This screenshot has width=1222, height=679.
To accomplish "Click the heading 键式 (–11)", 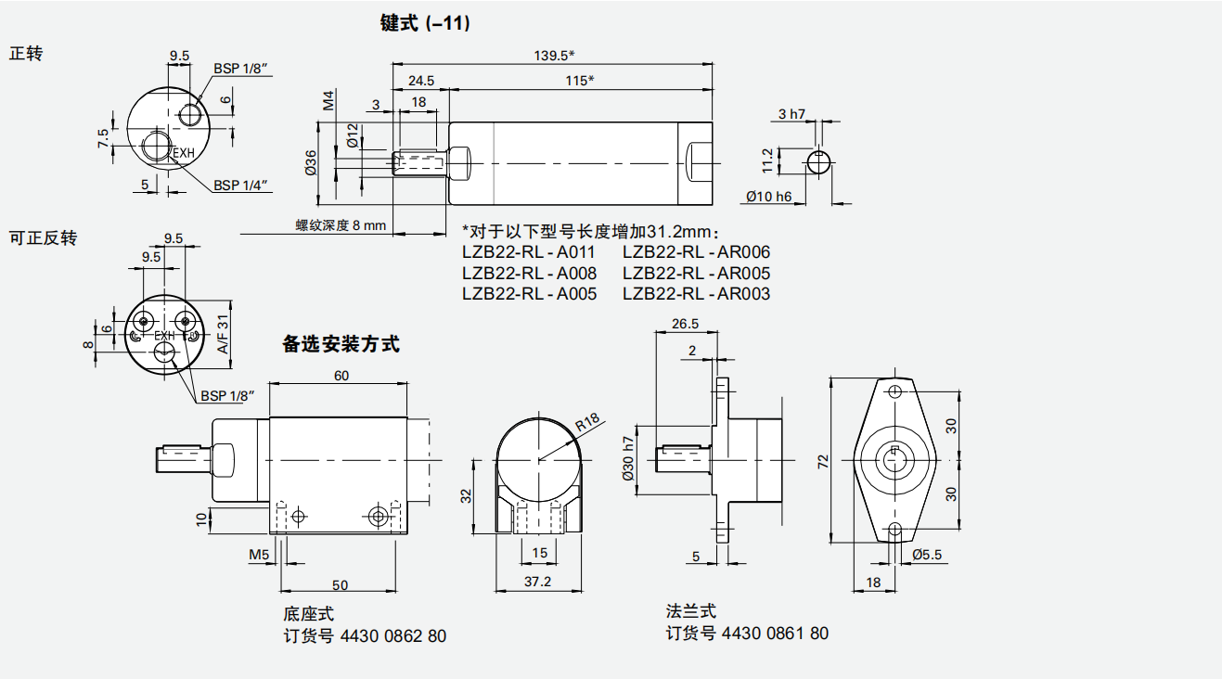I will pos(425,24).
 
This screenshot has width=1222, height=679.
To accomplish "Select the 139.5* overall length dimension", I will pos(555,56).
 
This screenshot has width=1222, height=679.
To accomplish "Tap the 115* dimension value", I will pos(579,81).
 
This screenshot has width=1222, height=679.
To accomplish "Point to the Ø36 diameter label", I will pos(311,162).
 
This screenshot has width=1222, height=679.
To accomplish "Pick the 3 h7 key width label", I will pos(791,114).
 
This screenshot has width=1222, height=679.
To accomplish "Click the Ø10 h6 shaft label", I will pos(769,197).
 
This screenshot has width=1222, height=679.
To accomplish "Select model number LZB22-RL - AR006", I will pos(696,252).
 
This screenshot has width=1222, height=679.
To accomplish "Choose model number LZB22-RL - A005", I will pos(529,294).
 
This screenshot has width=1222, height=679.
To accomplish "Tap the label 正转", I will pos(26,53).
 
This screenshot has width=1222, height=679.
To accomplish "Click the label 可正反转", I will pos(43,238).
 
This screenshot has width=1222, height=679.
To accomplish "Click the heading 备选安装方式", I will pos(341,344).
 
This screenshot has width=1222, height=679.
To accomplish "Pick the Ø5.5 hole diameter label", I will pos(927,555).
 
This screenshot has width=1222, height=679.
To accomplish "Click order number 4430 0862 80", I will pos(393,636).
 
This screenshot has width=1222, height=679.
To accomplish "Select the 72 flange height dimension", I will pos(822,461).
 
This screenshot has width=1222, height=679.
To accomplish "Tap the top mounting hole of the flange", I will pos(895,391).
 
